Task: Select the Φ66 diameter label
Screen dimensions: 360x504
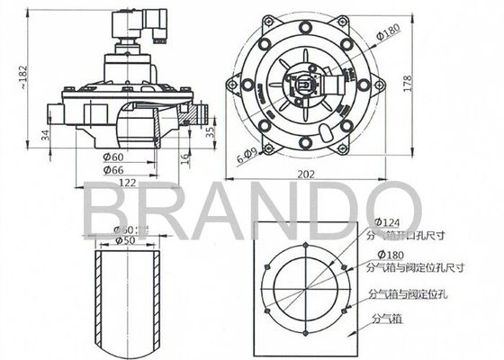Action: [112, 168]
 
